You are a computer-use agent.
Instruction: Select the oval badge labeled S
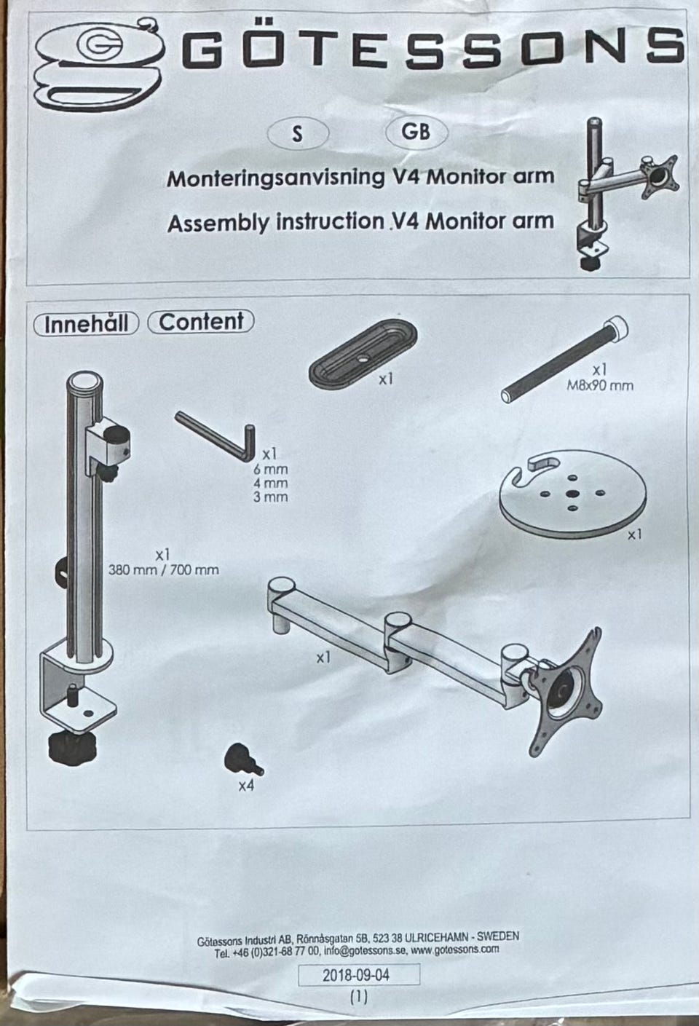[297, 134]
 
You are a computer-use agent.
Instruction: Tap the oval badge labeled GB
[416, 131]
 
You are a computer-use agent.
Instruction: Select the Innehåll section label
[86, 323]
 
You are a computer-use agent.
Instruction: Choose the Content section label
[201, 322]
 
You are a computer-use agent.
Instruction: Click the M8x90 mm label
[600, 385]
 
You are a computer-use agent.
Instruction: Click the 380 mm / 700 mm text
[163, 569]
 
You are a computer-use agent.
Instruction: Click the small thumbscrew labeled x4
[242, 762]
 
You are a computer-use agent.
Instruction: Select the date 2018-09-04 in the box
[359, 974]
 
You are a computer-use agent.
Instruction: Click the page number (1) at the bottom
[359, 998]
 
